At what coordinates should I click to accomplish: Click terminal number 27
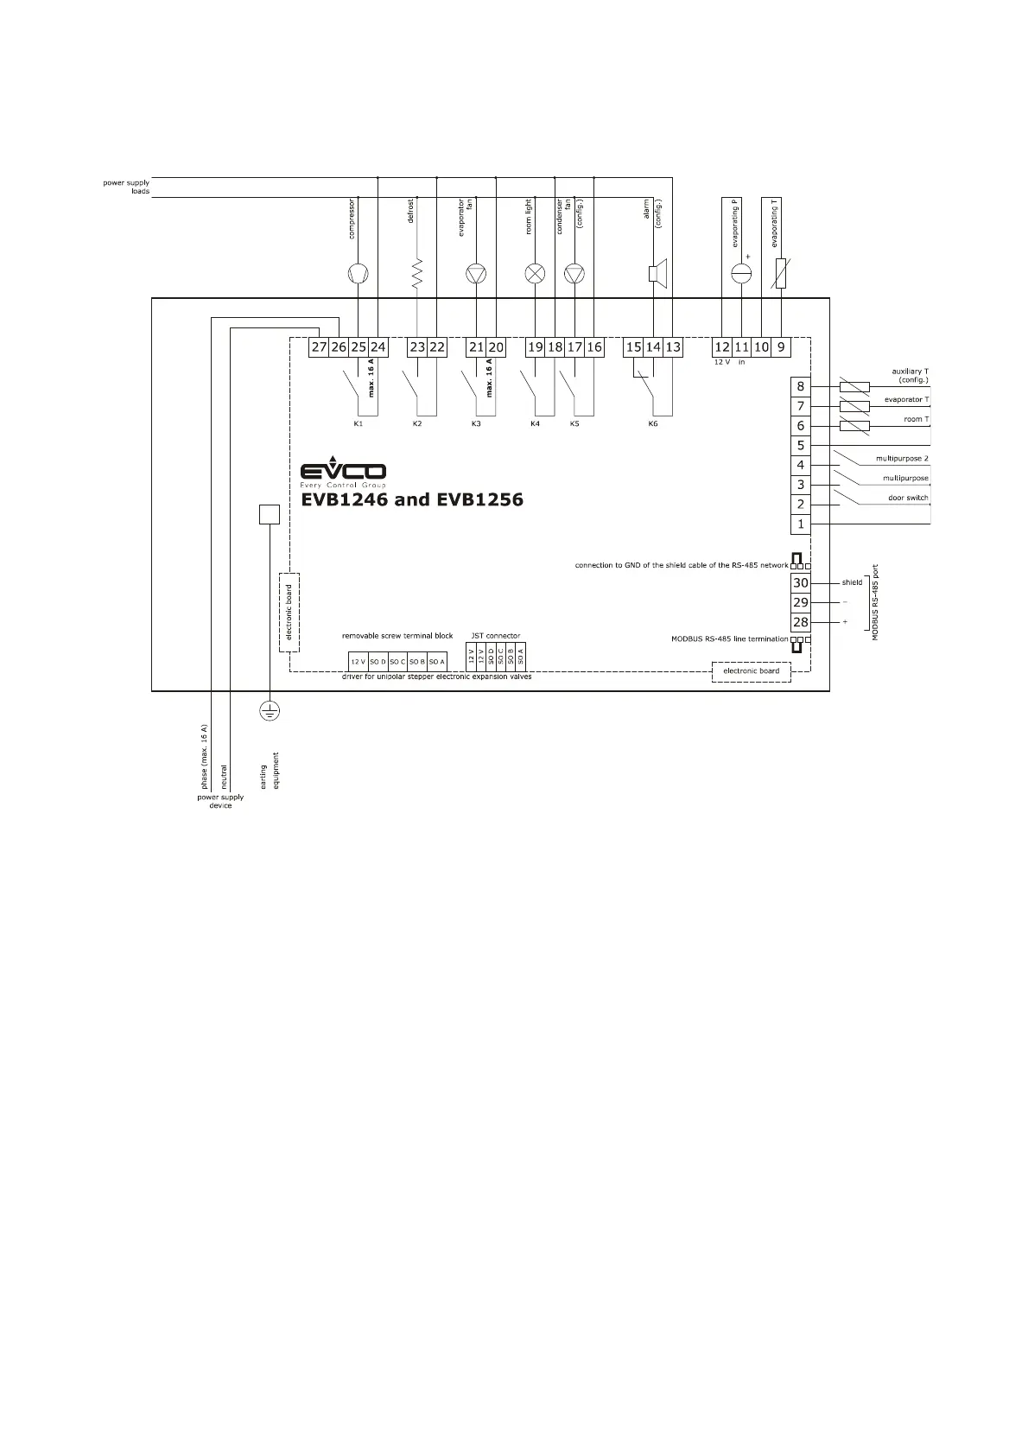[x=320, y=347]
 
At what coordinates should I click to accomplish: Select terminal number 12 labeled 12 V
[x=722, y=347]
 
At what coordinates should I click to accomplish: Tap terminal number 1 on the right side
[x=801, y=524]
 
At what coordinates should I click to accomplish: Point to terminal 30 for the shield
[x=801, y=583]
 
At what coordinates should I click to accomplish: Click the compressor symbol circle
[x=358, y=274]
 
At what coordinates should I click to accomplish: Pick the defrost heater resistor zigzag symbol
[x=417, y=274]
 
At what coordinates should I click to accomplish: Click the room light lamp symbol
[x=536, y=274]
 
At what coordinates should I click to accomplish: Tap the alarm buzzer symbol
[x=654, y=274]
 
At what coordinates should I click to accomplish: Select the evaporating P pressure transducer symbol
[x=741, y=274]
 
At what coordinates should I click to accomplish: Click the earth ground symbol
[x=270, y=711]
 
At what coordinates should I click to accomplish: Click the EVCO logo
[x=343, y=472]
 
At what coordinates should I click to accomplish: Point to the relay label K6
[x=653, y=424]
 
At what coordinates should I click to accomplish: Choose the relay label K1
[x=358, y=424]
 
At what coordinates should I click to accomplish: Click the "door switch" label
[x=908, y=498]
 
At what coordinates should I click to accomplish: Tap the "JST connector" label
[x=496, y=636]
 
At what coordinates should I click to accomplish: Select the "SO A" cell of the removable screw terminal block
[x=437, y=662]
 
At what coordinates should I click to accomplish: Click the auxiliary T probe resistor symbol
[x=854, y=387]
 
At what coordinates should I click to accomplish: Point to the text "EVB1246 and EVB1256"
[x=412, y=499]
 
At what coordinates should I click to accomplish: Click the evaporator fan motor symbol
[x=476, y=274]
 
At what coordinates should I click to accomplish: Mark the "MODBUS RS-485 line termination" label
[x=730, y=639]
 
